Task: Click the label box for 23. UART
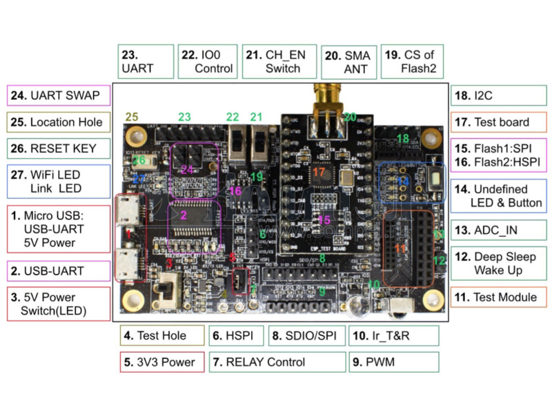(x=145, y=62)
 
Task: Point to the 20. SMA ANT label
(x=348, y=62)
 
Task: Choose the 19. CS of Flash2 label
(x=412, y=62)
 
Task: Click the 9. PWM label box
(x=393, y=362)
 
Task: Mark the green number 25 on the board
(x=132, y=117)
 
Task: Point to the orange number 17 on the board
(x=318, y=171)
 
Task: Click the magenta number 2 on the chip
(x=184, y=215)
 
